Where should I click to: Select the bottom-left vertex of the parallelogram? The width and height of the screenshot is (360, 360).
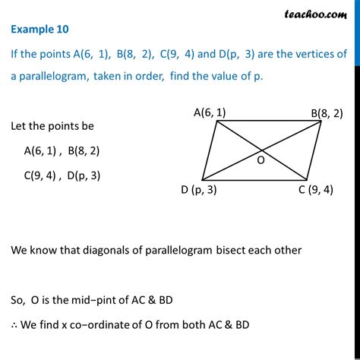[202, 180]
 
